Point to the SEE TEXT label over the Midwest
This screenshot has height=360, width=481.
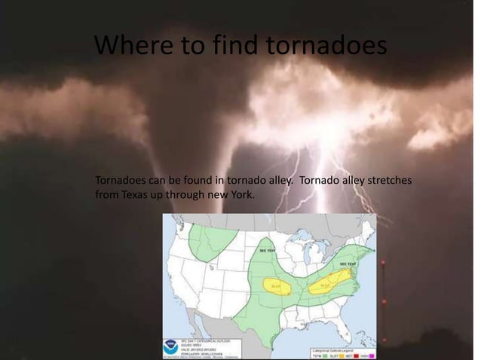coord(267,250)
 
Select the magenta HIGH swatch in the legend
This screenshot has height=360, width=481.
coord(372,355)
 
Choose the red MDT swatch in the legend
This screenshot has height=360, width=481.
coord(360,355)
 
